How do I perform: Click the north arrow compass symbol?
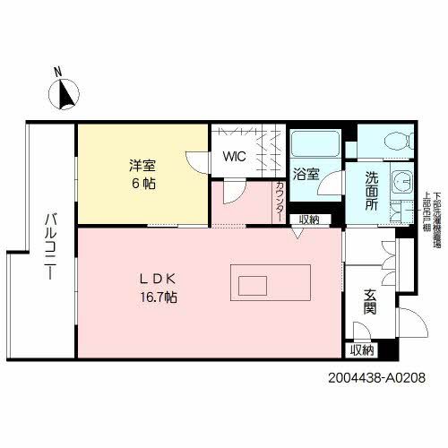(x=64, y=93)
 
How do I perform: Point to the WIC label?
(x=235, y=157)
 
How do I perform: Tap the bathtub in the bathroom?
(x=311, y=143)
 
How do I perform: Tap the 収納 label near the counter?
(x=309, y=220)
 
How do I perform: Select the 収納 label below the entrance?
(x=362, y=349)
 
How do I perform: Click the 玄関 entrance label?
(x=369, y=302)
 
